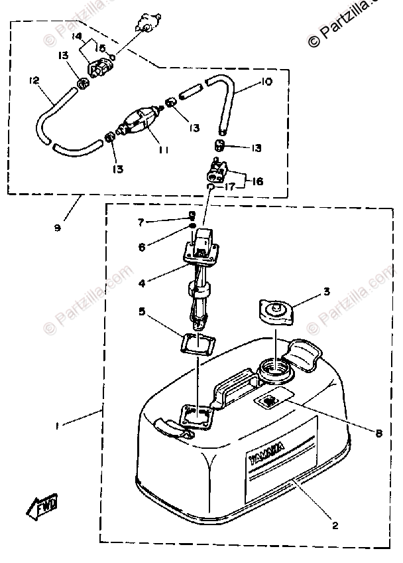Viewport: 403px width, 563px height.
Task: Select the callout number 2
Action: point(335,526)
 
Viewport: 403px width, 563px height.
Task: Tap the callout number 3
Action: point(327,291)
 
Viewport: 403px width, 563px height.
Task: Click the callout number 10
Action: point(267,83)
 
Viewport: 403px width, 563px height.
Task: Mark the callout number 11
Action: point(163,150)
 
